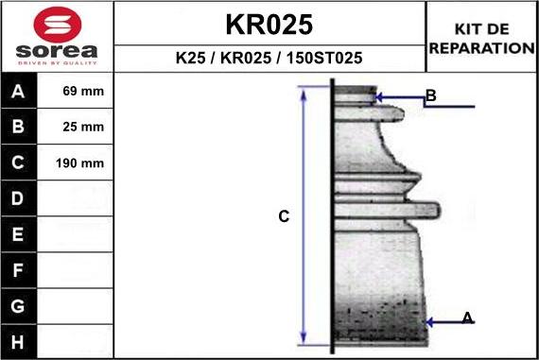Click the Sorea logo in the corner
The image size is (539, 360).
(x=57, y=39)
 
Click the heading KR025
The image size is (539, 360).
(x=269, y=24)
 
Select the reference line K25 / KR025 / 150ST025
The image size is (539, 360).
(x=269, y=59)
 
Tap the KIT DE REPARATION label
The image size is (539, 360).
(x=482, y=39)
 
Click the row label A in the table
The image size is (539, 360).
(x=19, y=93)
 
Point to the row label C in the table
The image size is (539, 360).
(x=19, y=163)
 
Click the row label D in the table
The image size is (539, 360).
(x=19, y=198)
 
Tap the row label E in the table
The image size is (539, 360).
(x=19, y=234)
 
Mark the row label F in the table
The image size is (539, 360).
(x=19, y=270)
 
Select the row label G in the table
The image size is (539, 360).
(x=19, y=306)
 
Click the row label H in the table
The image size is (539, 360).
(x=19, y=340)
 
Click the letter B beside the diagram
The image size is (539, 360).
(x=430, y=95)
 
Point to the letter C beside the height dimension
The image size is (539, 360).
(x=284, y=217)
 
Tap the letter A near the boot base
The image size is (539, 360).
(x=467, y=318)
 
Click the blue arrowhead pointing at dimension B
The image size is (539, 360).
(x=379, y=96)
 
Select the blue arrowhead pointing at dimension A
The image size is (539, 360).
(x=430, y=322)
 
